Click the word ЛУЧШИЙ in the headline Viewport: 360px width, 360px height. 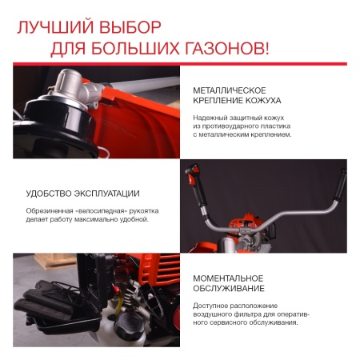coord(50,29)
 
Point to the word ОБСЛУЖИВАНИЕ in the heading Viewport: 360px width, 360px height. coord(231,289)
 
